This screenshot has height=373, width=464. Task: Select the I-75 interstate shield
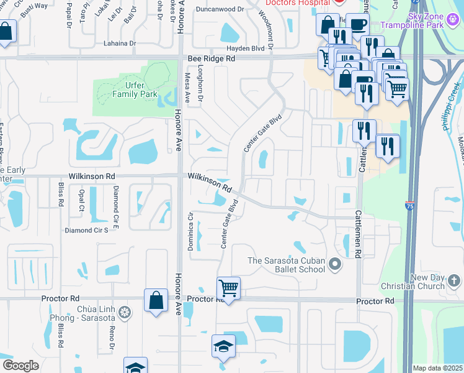[409, 205]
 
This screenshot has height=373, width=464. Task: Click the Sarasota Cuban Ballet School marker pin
[335, 265]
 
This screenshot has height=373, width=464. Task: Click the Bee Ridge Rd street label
[212, 58]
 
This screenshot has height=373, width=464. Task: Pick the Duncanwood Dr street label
[218, 10]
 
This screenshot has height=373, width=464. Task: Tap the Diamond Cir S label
[87, 230]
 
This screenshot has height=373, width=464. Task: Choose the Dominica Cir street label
[191, 232]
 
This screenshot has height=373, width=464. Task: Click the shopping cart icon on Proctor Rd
[228, 288]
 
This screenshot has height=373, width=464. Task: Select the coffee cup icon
[357, 24]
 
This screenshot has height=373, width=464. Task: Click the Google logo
[20, 366]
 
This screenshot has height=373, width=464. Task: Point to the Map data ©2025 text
[437, 368]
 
